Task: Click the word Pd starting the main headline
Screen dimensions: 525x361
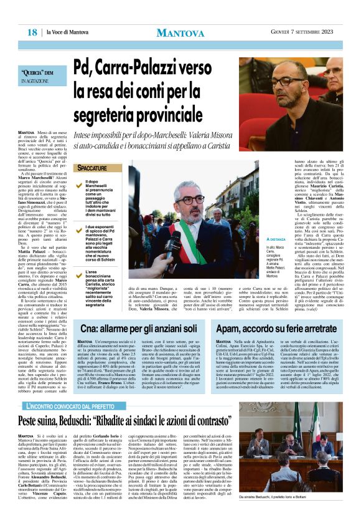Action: pyautogui.click(x=83, y=65)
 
